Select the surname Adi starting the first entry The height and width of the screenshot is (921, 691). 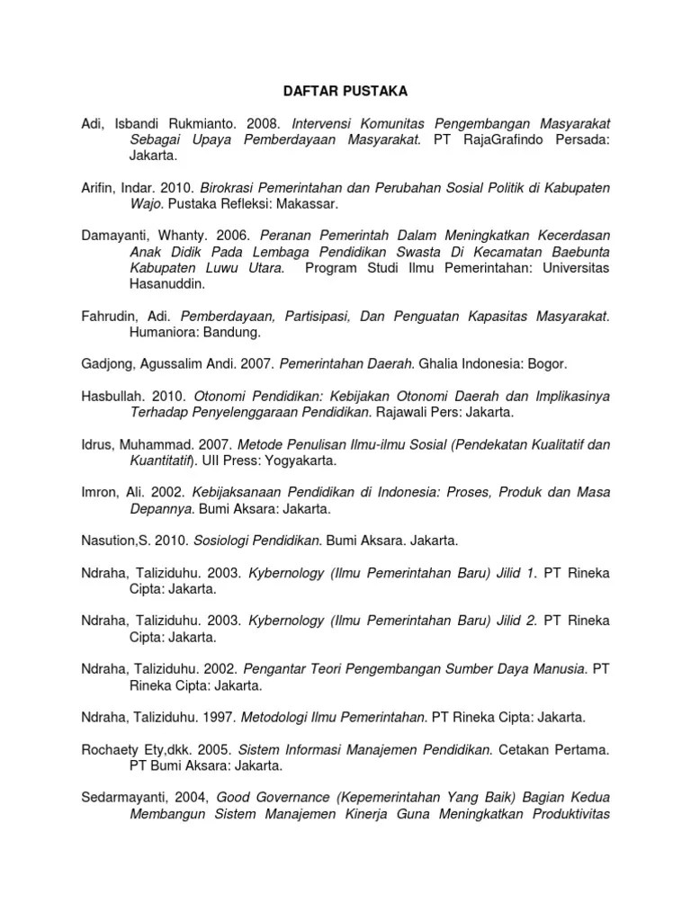pos(91,122)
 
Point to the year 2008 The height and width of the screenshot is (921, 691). pos(252,122)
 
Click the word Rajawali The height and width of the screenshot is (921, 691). pos(405,412)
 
